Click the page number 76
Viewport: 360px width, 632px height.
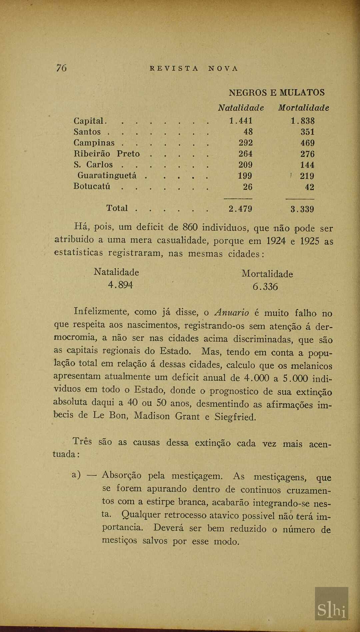[61, 68]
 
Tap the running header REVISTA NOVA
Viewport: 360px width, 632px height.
[194, 68]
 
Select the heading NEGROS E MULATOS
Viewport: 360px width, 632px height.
[276, 92]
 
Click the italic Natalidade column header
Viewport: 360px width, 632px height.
[241, 108]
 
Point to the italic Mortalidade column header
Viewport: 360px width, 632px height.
[303, 108]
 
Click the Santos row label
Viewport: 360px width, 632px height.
[87, 132]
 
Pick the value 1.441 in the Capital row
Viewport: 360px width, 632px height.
[241, 121]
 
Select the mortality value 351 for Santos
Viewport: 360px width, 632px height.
[307, 132]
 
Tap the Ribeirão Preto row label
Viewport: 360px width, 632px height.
[106, 154]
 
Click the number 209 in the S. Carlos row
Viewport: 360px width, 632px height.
[245, 165]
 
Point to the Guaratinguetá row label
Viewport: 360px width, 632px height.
[107, 175]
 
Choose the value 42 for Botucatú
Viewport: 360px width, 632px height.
[309, 187]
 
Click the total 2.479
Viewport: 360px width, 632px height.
[240, 209]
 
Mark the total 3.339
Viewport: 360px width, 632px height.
[302, 209]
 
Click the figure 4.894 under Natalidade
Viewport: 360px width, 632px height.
[120, 285]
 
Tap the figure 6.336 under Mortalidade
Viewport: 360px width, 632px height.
[265, 286]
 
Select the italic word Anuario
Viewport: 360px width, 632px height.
[232, 313]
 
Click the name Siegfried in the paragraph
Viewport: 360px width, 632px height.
[235, 417]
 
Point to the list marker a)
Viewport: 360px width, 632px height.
[76, 475]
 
